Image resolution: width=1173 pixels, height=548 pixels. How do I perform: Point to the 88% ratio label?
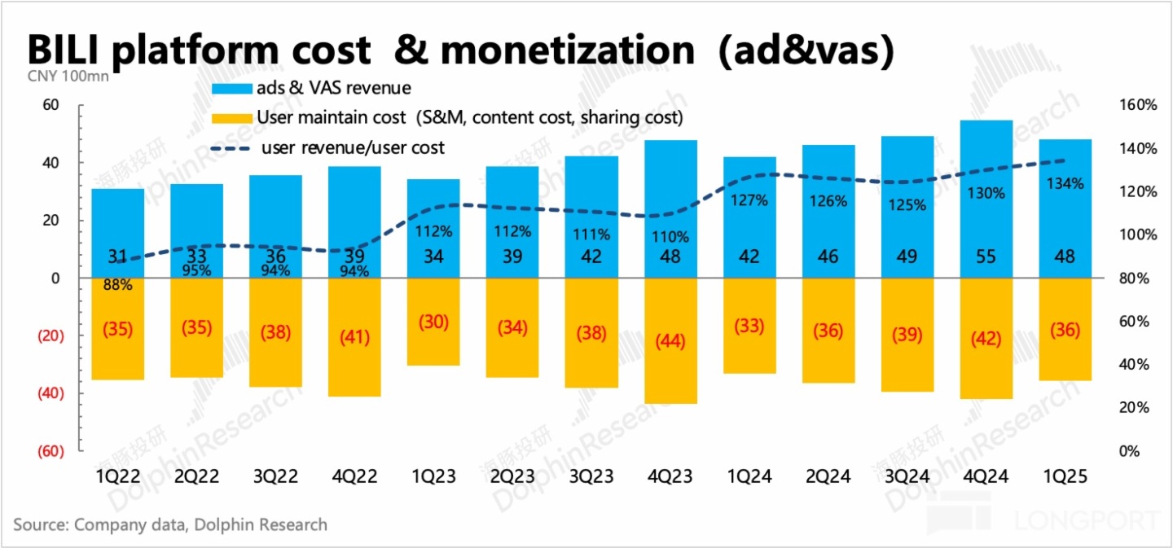[x=118, y=285]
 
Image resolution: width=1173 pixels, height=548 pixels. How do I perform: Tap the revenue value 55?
[x=986, y=256]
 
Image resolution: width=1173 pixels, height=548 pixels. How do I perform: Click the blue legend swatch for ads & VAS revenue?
[x=231, y=88]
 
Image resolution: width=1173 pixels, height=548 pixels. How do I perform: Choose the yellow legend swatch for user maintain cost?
[x=231, y=118]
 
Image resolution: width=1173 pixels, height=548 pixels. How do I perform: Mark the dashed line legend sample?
[x=231, y=148]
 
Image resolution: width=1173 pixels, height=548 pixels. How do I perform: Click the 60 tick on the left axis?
[x=51, y=105]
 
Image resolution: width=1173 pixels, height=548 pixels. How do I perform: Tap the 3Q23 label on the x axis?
[x=591, y=476]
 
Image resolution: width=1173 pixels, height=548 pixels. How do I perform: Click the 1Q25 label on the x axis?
[x=1065, y=476]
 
